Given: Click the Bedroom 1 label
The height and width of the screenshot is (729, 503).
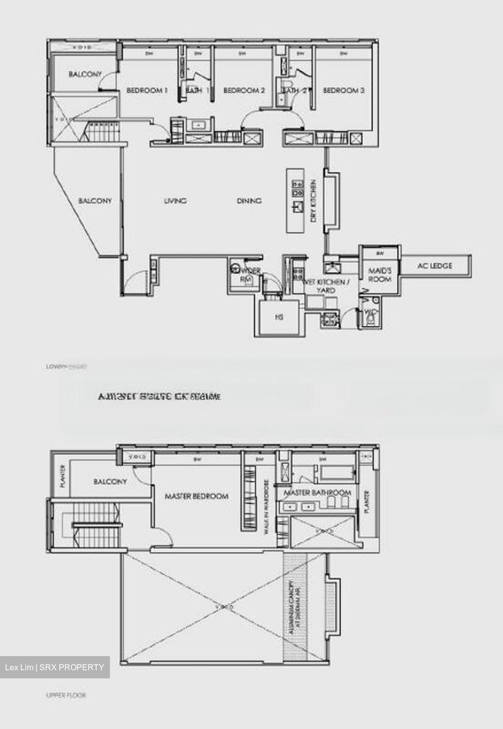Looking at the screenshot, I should [x=147, y=91].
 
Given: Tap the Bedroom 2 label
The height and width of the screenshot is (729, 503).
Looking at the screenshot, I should [x=244, y=91].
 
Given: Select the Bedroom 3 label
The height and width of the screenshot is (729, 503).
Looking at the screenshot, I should [x=344, y=91].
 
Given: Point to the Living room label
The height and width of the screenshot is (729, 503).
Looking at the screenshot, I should [x=176, y=201].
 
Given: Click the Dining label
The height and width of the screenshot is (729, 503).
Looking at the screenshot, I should [x=249, y=201].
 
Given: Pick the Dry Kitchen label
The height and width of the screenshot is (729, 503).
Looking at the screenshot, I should [x=314, y=201].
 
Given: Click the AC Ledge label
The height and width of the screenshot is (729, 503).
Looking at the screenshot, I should [x=435, y=265].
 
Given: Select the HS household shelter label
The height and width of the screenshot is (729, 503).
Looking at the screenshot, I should [x=279, y=317].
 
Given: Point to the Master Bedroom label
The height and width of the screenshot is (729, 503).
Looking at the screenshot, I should [x=197, y=496].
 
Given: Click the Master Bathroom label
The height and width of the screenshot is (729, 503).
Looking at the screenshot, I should [x=318, y=493].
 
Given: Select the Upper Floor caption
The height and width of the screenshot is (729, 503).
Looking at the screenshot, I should [x=66, y=696].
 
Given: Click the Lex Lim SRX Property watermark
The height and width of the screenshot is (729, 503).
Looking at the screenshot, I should [x=54, y=667].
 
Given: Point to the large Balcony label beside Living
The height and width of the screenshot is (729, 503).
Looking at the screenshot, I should [x=95, y=201].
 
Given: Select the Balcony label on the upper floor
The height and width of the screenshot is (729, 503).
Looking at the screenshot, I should [x=110, y=481].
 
